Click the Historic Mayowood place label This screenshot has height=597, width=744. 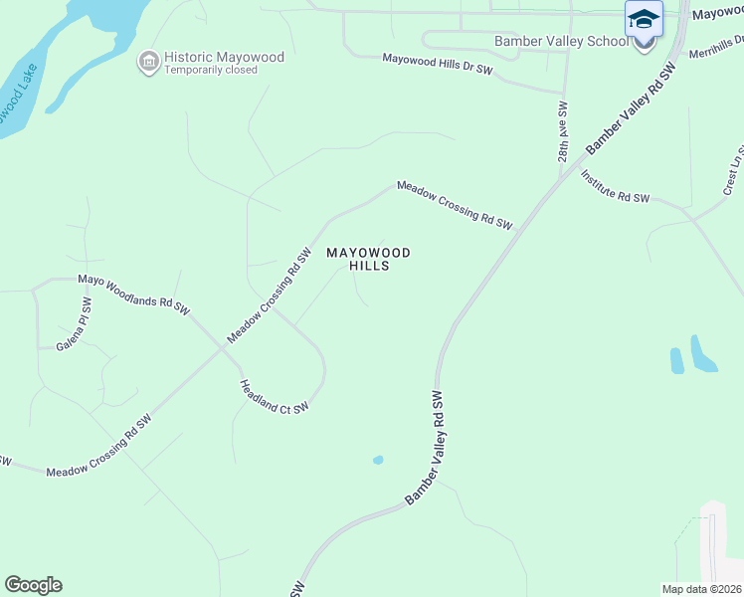pos(224,57)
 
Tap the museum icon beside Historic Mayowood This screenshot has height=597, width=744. pos(149,62)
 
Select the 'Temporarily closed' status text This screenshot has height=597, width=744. pos(211,71)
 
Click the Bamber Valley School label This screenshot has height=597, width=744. pos(562,42)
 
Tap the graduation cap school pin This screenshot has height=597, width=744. pos(643,19)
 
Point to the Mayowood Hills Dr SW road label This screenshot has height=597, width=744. pos(438,64)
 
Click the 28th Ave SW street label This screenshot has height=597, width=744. pos(563,131)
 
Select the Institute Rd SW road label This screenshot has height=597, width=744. pos(615,186)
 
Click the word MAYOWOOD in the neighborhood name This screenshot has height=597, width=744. pos(368,253)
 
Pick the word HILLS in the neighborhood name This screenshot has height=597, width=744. pos(368,267)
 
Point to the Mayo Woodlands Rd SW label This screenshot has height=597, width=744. pos(133,295)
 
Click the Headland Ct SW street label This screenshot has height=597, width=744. pos(275,396)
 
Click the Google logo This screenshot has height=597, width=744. pos(33,585)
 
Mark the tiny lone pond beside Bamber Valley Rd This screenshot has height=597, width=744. pos(377,460)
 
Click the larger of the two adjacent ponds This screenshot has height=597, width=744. pos(703,354)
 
